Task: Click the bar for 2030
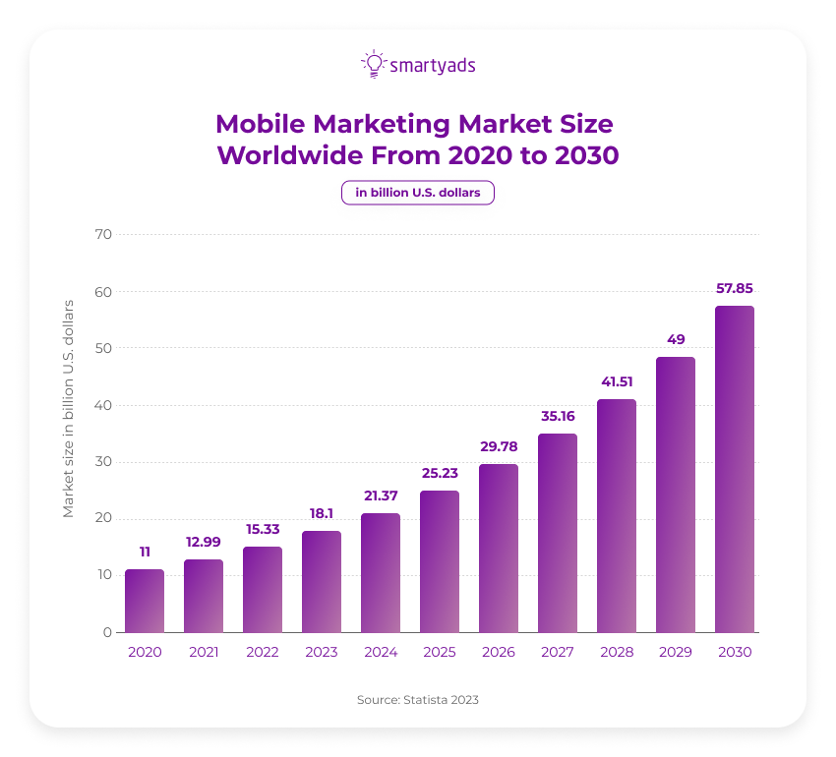tap(734, 469)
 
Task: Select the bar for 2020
tap(144, 601)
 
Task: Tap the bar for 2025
tap(439, 561)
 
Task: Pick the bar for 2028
tap(616, 515)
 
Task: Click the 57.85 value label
tap(734, 289)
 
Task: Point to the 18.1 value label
tap(321, 514)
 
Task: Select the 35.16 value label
tap(557, 417)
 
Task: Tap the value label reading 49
tap(675, 340)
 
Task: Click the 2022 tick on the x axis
tap(262, 652)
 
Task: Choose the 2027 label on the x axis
tap(557, 652)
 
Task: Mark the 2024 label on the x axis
tap(380, 652)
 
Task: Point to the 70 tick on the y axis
tap(103, 234)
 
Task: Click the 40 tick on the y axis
tap(103, 405)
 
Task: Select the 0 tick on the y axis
tap(107, 632)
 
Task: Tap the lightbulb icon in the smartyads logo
tap(373, 64)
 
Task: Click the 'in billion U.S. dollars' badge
tap(418, 193)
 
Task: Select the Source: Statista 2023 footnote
tap(418, 700)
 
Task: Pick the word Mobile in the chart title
tap(259, 124)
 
